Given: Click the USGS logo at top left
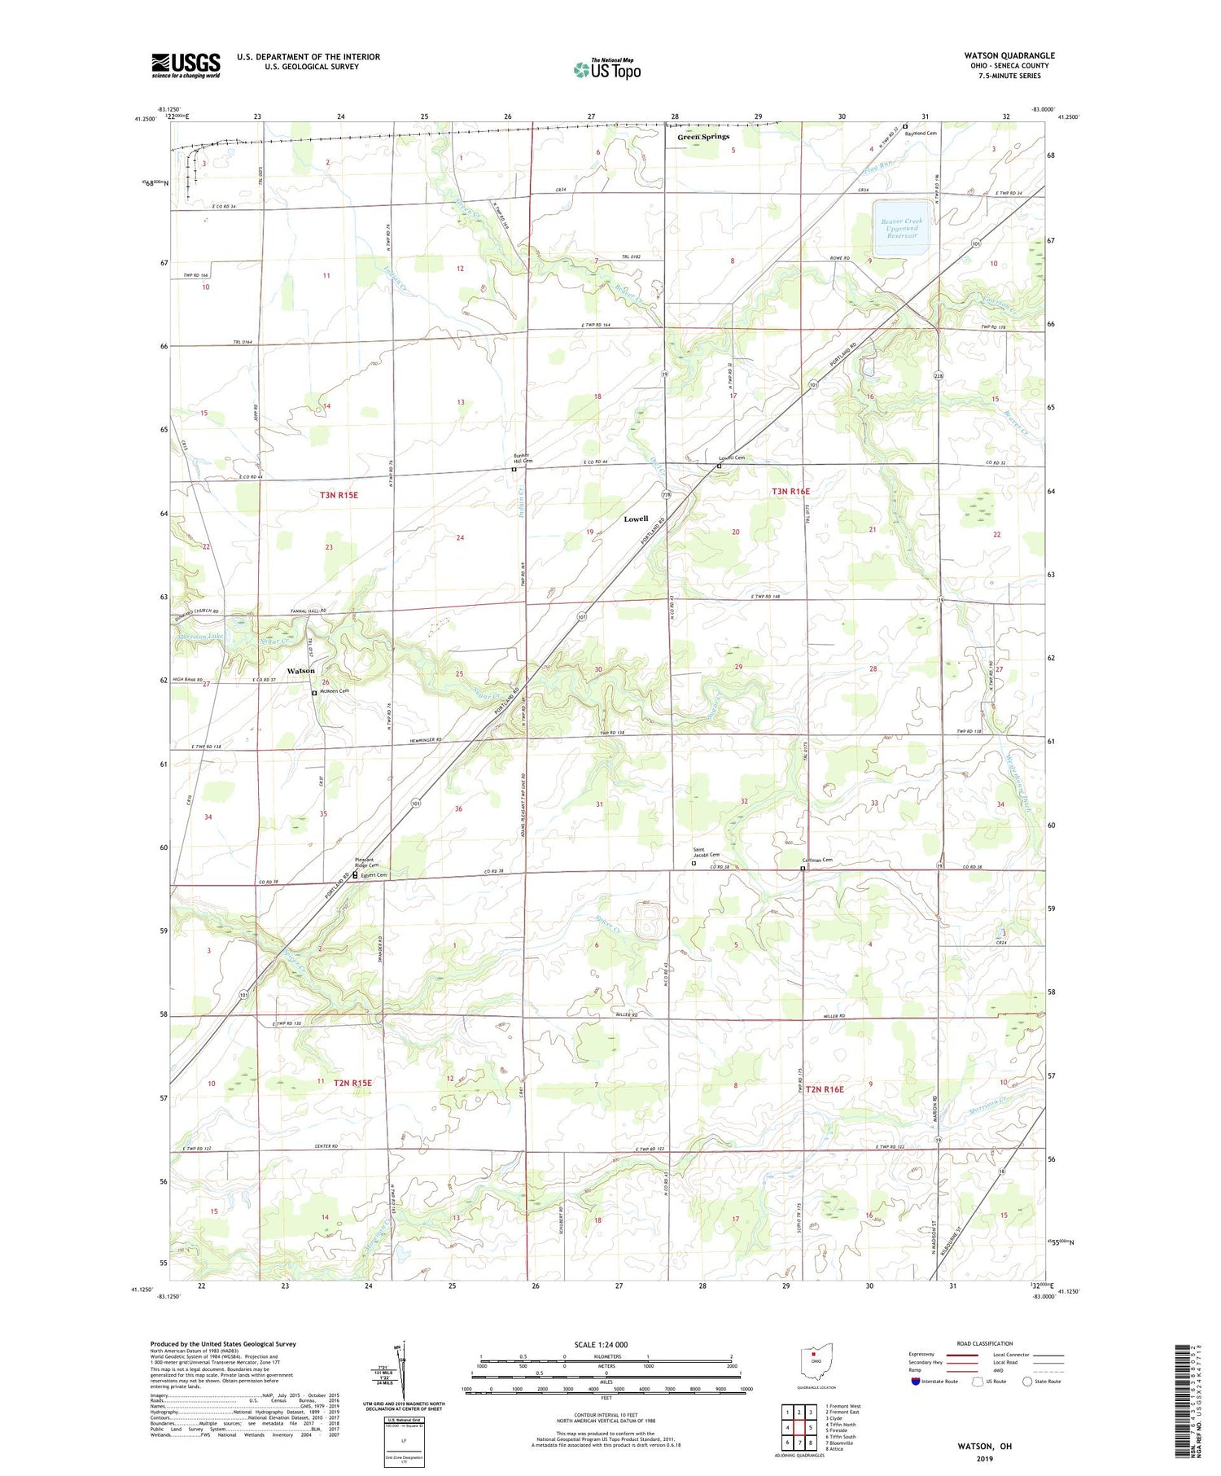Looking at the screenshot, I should click(186, 65).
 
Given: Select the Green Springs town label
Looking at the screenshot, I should click(703, 137).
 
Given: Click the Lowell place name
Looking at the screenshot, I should click(636, 519).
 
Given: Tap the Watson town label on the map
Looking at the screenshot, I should click(300, 671).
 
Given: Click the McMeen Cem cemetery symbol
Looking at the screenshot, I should click(315, 693).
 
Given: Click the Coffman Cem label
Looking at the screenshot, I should click(817, 860).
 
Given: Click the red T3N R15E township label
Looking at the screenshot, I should click(339, 495).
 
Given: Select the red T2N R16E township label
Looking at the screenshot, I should click(825, 1088).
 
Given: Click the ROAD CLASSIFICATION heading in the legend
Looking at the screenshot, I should click(985, 1343).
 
